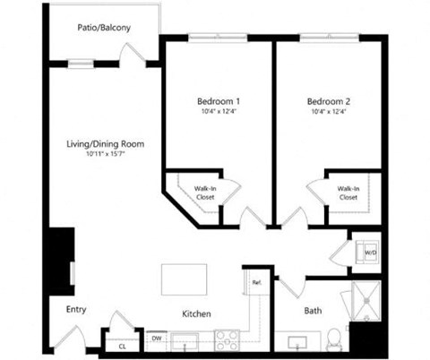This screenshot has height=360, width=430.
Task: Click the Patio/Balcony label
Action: pyautogui.click(x=105, y=28)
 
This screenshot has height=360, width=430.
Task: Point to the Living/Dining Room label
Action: pyautogui.click(x=106, y=144)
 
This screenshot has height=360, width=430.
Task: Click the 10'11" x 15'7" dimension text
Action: pyautogui.click(x=106, y=155)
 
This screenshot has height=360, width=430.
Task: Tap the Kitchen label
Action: pyautogui.click(x=196, y=314)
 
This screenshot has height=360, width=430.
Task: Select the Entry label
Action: pyautogui.click(x=77, y=311)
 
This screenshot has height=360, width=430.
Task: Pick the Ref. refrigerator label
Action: pyautogui.click(x=255, y=283)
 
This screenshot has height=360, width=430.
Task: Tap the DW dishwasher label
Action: pyautogui.click(x=156, y=339)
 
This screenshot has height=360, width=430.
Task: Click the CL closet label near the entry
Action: pyautogui.click(x=122, y=344)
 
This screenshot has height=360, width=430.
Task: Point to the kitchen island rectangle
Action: pyautogui.click(x=184, y=279)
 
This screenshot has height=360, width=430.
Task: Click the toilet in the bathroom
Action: pyautogui.click(x=333, y=339)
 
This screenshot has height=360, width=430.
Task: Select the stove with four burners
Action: pyautogui.click(x=228, y=341)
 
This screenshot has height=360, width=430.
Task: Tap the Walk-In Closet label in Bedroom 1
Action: pyautogui.click(x=204, y=193)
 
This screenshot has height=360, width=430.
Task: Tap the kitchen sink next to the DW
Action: pyautogui.click(x=186, y=341)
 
